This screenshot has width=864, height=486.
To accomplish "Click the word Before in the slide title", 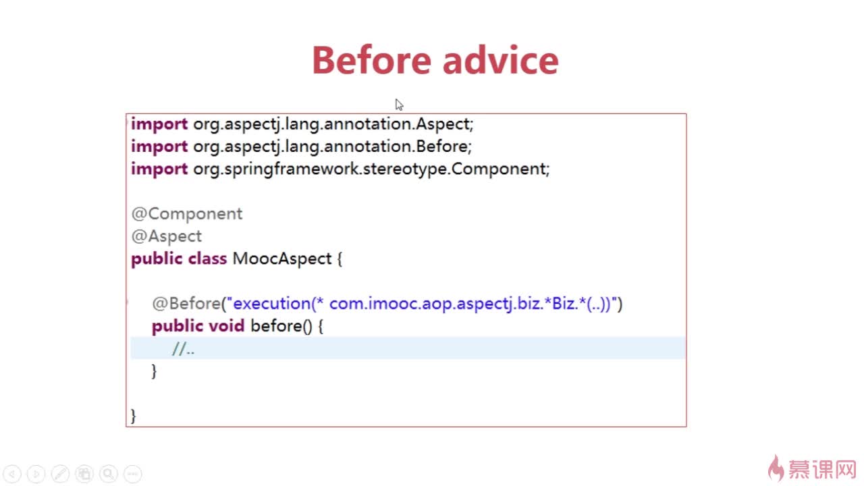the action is click(x=371, y=60).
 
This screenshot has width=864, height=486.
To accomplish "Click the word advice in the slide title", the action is click(x=501, y=60).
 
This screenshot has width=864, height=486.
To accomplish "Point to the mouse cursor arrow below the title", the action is click(x=399, y=105).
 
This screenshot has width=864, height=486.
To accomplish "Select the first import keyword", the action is click(x=159, y=124).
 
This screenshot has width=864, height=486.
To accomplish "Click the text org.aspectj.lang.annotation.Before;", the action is click(x=333, y=147).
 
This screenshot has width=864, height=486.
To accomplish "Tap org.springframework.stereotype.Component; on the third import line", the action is click(x=371, y=169).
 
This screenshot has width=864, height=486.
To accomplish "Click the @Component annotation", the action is click(x=187, y=214).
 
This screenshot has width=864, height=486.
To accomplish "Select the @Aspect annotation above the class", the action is click(x=167, y=236).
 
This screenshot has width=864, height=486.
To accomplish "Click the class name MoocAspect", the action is click(x=282, y=259).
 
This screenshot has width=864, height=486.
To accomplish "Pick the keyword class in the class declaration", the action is click(x=207, y=259).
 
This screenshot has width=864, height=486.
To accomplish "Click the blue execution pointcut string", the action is click(x=422, y=304).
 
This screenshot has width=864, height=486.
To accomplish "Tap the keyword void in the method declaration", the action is click(x=227, y=326).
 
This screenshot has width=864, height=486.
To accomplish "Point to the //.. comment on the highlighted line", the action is click(x=184, y=349).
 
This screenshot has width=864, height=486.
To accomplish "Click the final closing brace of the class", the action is click(x=134, y=416).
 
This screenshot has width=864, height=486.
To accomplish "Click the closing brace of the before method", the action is click(x=155, y=371).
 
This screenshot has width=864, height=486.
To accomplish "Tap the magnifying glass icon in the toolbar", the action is click(x=109, y=473).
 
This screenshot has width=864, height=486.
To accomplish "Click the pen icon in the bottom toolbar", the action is click(x=61, y=473).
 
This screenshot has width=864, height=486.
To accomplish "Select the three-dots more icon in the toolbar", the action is click(x=133, y=473).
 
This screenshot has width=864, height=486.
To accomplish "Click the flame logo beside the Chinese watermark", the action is click(x=776, y=468).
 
